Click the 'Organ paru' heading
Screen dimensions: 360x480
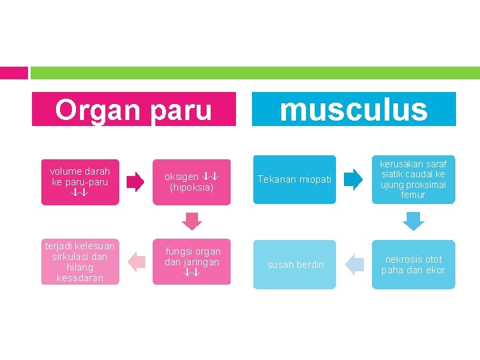pyautogui.click(x=133, y=109)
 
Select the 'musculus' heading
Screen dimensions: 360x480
pyautogui.click(x=353, y=109)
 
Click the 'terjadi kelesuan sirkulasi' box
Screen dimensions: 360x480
pyautogui.click(x=79, y=262)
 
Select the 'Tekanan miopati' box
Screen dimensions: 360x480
pyautogui.click(x=295, y=179)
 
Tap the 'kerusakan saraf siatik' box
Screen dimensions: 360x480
pyautogui.click(x=413, y=179)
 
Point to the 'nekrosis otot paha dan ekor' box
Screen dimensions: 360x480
pyautogui.click(x=413, y=265)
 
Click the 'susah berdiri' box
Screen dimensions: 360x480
pyautogui.click(x=295, y=265)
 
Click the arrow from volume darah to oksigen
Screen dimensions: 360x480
pyautogui.click(x=135, y=181)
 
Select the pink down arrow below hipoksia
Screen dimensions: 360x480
pyautogui.click(x=191, y=221)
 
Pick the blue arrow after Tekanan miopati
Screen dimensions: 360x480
pyautogui.click(x=352, y=179)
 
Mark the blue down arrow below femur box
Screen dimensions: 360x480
pyautogui.click(x=414, y=221)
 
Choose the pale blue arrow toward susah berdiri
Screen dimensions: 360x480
pyautogui.click(x=354, y=265)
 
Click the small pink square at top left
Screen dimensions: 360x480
pyautogui.click(x=13, y=73)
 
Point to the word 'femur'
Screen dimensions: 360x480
pyautogui.click(x=413, y=195)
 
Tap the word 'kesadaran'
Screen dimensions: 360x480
pyautogui.click(x=80, y=278)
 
